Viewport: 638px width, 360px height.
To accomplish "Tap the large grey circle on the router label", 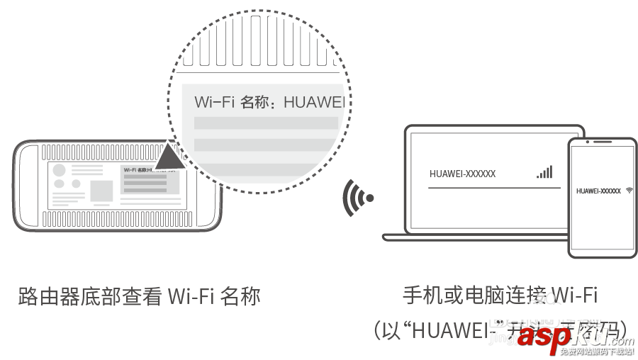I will (60, 170).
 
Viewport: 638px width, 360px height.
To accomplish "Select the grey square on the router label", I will (101, 190).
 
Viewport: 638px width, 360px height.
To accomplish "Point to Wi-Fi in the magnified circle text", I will (214, 102).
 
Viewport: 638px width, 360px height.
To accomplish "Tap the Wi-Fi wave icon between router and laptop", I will (357, 198).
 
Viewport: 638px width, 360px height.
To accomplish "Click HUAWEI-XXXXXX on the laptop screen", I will (462, 174).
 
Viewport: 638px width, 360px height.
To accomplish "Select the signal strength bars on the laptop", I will (544, 172).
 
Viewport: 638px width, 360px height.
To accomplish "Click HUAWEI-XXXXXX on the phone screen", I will (598, 191).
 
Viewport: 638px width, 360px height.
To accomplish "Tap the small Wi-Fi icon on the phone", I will (629, 191).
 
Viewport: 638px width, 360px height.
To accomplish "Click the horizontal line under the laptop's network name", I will (490, 187).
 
